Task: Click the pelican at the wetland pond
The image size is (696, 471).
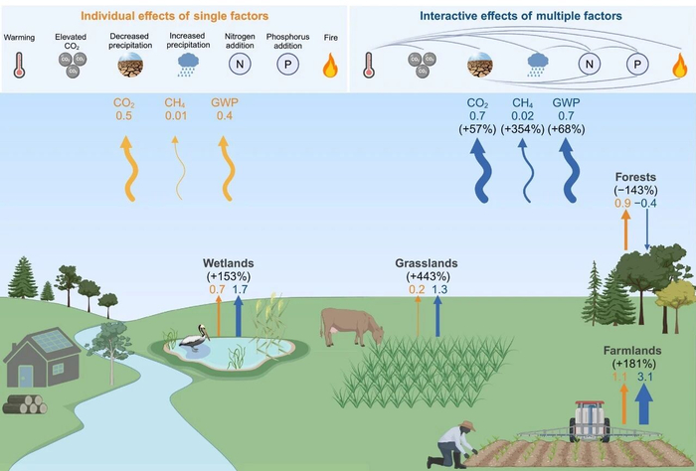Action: tap(189, 340)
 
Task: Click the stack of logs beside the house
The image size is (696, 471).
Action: tap(26, 402)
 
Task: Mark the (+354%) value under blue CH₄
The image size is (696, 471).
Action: tap(522, 128)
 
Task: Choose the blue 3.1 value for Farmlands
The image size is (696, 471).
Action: tap(643, 377)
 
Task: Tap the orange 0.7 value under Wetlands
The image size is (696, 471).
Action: tap(217, 289)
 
